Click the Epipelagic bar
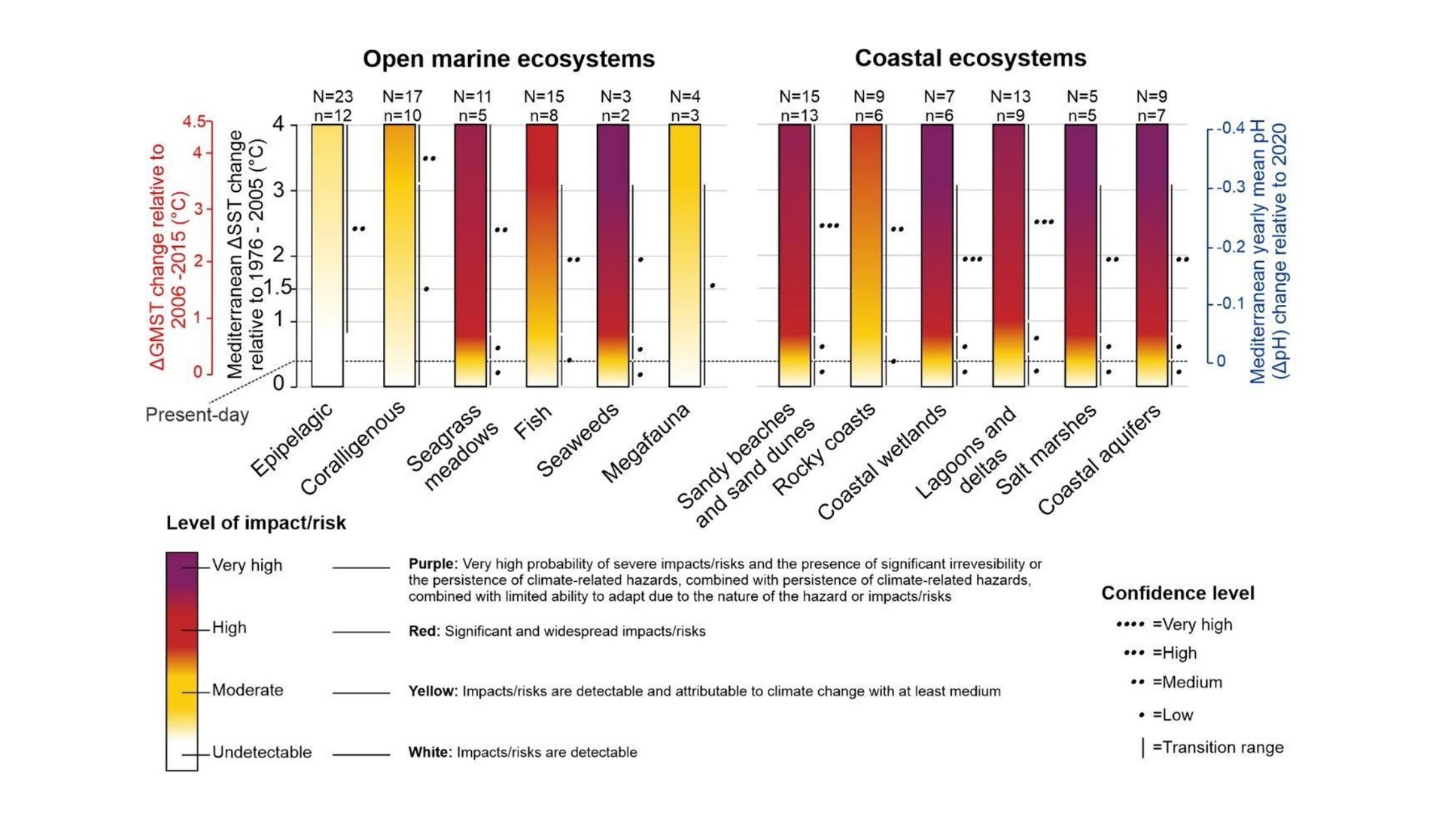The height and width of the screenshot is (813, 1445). pyautogui.click(x=327, y=256)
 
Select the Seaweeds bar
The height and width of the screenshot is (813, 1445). pyautogui.click(x=613, y=256)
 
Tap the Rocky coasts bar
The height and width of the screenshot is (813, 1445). pyautogui.click(x=866, y=256)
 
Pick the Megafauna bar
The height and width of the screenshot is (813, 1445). pyautogui.click(x=684, y=256)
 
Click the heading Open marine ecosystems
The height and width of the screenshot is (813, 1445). pyautogui.click(x=509, y=59)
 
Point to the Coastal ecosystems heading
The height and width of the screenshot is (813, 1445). pyautogui.click(x=970, y=58)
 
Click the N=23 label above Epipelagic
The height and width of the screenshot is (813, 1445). pyautogui.click(x=333, y=96)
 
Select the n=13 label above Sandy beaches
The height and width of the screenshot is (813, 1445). pyautogui.click(x=799, y=115)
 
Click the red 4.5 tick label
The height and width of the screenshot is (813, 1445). pyautogui.click(x=194, y=122)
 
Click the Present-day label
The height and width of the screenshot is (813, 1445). pyautogui.click(x=197, y=415)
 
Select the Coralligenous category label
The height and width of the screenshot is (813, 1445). pyautogui.click(x=352, y=448)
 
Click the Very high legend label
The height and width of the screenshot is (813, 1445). pyautogui.click(x=247, y=565)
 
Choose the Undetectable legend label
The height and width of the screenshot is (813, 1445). pyautogui.click(x=261, y=752)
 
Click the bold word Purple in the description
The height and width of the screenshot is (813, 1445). pyautogui.click(x=432, y=564)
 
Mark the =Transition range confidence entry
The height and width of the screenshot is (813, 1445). pyautogui.click(x=1217, y=748)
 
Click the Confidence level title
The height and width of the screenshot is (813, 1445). pyautogui.click(x=1177, y=593)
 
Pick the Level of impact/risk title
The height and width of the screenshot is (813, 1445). pyautogui.click(x=256, y=523)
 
